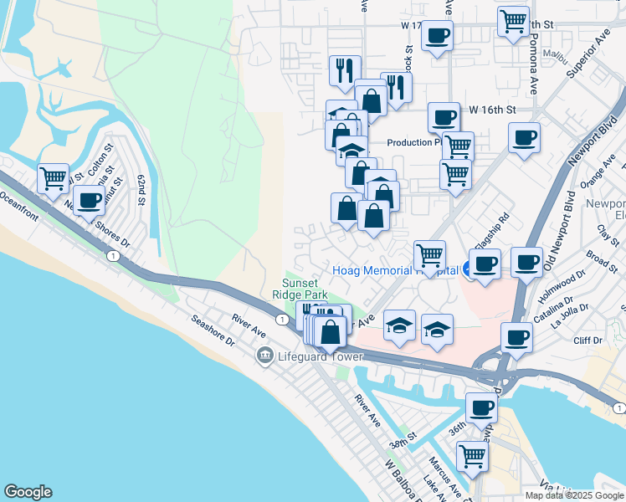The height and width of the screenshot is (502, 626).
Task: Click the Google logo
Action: [28, 492]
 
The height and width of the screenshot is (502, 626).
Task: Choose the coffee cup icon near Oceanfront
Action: [88, 199]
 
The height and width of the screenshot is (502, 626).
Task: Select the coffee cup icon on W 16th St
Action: [444, 116]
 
